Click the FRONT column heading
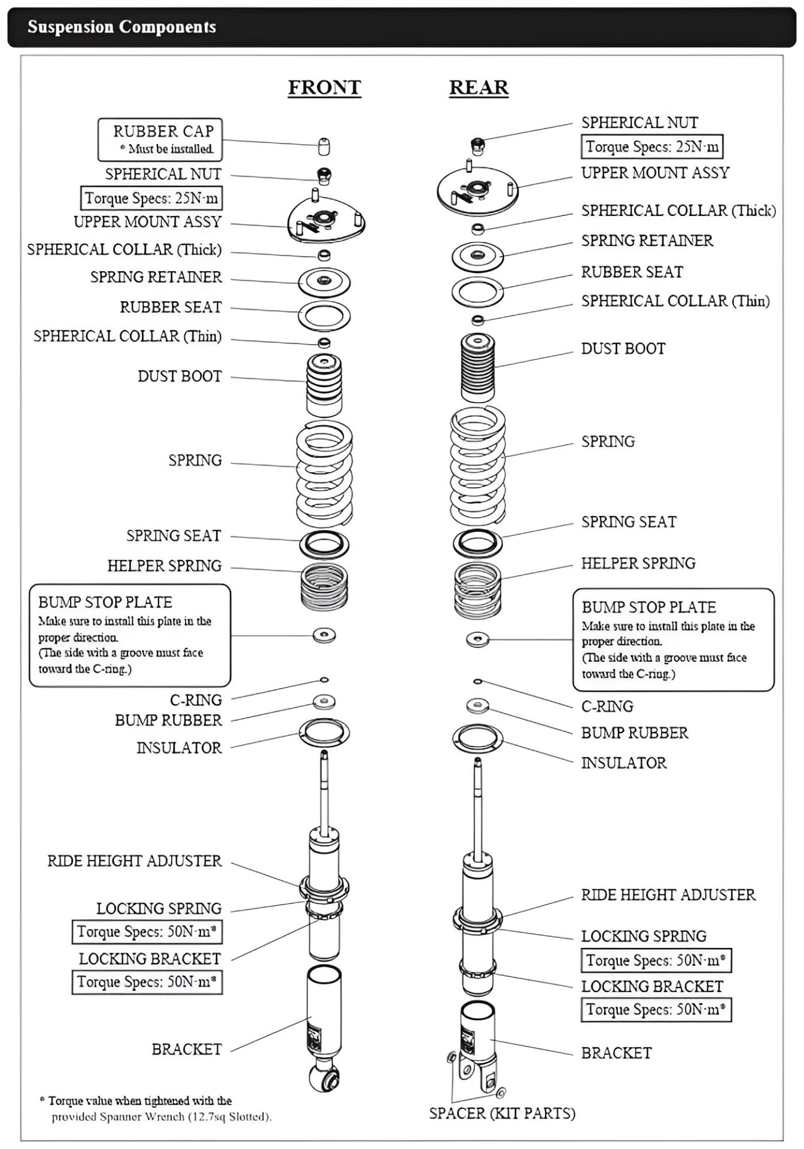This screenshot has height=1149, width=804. point(324,87)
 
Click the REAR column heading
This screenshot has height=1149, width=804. point(479,87)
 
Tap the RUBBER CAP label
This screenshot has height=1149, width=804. point(163,131)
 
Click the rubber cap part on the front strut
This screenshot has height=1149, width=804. point(324,146)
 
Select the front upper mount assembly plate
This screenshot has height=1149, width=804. point(326,220)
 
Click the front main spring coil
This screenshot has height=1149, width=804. point(324,473)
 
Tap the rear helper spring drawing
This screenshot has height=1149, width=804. point(477,591)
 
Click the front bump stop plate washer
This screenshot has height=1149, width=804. point(324,635)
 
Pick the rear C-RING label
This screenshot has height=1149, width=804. point(607,706)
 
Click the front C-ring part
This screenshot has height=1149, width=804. point(324,680)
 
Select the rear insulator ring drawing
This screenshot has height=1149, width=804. point(477,738)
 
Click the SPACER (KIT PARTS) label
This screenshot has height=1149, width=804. point(502,1113)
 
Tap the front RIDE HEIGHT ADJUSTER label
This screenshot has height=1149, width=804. point(135,861)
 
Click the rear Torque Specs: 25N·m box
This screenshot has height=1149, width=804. point(652,147)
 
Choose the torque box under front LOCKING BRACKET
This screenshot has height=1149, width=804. point(147,982)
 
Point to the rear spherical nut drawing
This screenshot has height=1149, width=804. point(477,144)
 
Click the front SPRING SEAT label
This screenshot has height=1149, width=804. point(173,536)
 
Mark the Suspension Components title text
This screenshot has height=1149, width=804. point(121,27)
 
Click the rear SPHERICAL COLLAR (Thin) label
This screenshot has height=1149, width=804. point(675,300)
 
